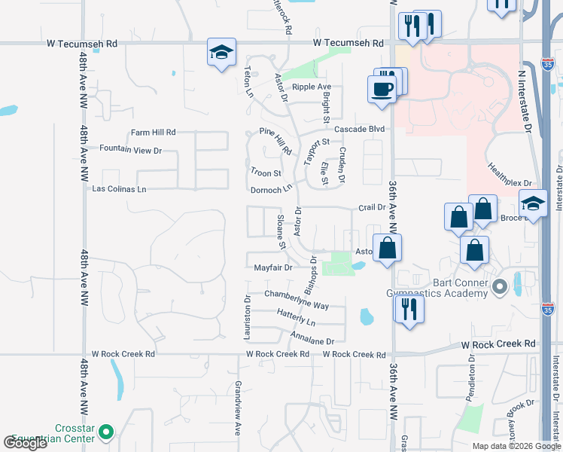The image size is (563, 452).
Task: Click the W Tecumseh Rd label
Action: click(82, 44)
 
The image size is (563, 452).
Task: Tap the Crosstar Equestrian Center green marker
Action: click(106, 433)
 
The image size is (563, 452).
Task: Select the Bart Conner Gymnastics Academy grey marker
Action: click(498, 287)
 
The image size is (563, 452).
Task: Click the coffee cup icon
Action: click(382, 89)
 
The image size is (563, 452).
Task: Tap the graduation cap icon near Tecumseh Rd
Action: click(221, 52)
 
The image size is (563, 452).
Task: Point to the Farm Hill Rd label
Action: click(153, 132)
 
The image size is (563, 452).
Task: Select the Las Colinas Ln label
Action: click(118, 189)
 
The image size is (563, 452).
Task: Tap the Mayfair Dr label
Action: click(272, 267)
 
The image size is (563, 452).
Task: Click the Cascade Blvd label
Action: click(360, 129)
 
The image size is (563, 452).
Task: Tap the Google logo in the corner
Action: click(26, 442)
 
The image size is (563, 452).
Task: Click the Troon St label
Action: click(265, 173)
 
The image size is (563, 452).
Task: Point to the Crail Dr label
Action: click(372, 207)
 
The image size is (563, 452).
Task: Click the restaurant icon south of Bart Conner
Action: click(409, 307)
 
